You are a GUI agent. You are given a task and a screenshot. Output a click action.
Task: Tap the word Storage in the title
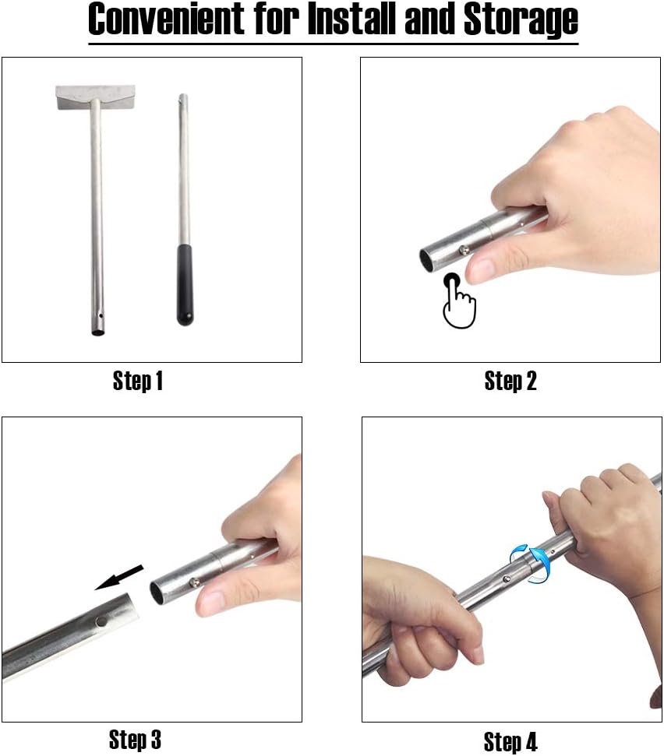[x=521, y=21]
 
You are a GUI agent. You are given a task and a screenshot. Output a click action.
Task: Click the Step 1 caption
[x=137, y=381]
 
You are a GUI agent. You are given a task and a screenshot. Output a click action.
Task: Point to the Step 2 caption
[x=510, y=381]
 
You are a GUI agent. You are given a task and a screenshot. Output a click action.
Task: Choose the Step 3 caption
[x=135, y=740]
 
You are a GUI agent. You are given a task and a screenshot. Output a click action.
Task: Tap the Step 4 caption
[x=510, y=741]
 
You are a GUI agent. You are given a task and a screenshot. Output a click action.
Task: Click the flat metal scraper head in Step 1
[x=96, y=97]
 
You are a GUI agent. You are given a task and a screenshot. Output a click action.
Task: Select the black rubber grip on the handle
[x=185, y=284]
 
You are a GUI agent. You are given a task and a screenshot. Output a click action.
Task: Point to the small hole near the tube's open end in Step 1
[x=101, y=317]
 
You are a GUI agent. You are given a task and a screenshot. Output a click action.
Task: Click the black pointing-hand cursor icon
[x=458, y=301]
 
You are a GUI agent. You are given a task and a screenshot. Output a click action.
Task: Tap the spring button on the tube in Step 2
[x=464, y=249]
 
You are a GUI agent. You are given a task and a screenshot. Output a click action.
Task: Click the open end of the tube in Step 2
[x=426, y=261]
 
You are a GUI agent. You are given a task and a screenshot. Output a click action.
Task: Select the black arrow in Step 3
[x=119, y=577]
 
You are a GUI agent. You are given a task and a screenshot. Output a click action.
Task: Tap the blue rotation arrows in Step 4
[x=529, y=563]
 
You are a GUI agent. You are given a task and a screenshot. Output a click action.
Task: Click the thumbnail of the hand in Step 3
[x=211, y=602]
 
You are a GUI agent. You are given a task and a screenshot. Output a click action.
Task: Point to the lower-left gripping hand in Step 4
[x=420, y=622]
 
